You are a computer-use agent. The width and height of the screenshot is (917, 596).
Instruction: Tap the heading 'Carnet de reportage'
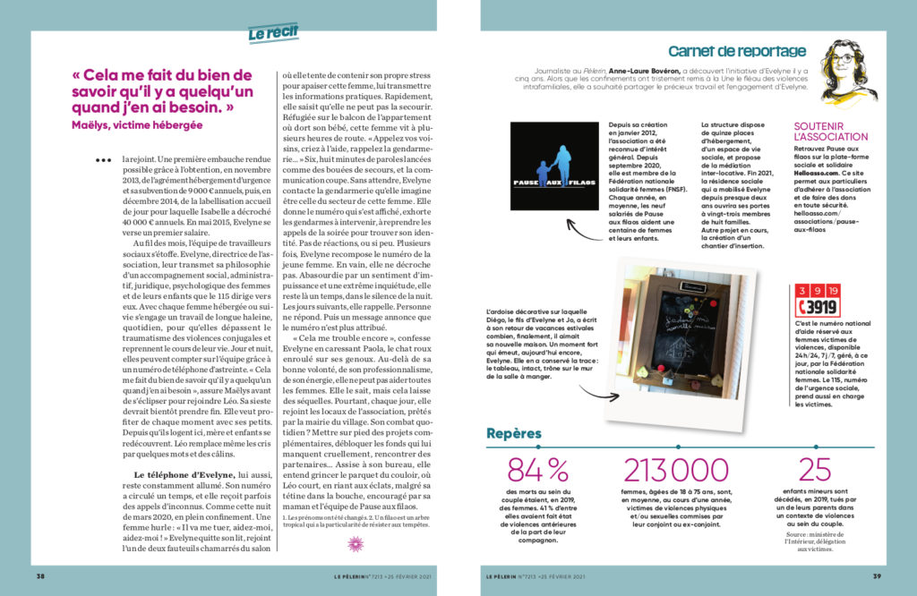pos(737,52)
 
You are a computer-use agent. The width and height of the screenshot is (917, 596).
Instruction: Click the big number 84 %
pos(537,470)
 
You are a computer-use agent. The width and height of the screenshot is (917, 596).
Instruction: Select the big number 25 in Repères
pos(815,470)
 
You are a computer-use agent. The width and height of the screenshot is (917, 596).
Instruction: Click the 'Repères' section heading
pos(514,434)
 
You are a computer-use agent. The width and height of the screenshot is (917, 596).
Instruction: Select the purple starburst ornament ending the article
pos(356,544)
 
